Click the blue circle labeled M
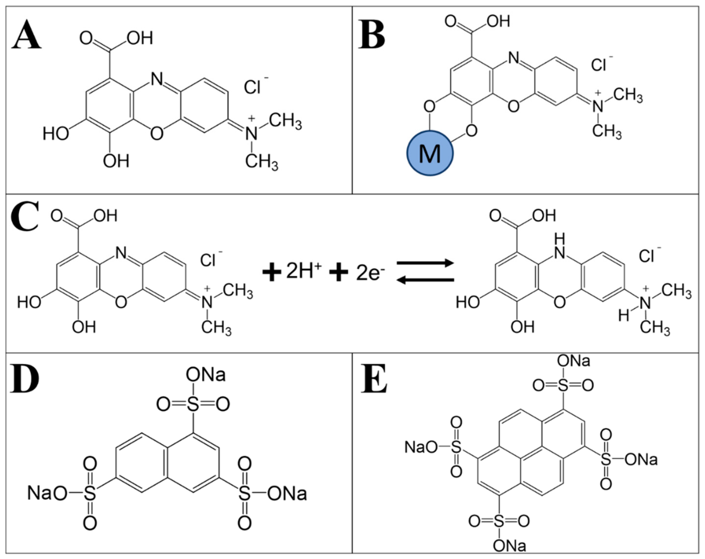(x=430, y=153)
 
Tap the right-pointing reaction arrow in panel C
(x=425, y=263)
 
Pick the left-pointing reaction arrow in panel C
(x=425, y=280)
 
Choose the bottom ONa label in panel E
(x=509, y=546)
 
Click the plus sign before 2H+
(x=272, y=272)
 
